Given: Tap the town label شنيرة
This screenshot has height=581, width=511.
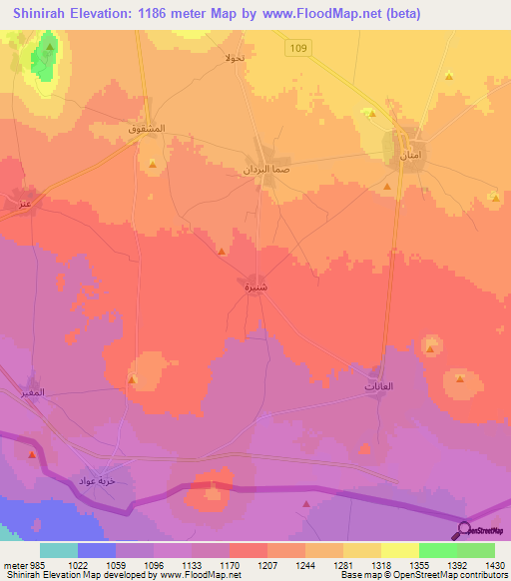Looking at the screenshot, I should pos(255,287).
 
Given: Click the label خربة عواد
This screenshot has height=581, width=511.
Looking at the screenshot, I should pos(101,482).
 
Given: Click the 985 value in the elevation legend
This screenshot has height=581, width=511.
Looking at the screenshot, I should pos(29,564).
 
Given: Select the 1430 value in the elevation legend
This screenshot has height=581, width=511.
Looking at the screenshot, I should pos(489,564).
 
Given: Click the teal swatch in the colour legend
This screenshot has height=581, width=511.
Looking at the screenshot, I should pos(58,549).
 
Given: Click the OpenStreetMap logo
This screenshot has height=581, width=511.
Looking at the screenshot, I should pos(481,530).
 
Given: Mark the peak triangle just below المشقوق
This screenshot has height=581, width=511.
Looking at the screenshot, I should pos(153,163).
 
